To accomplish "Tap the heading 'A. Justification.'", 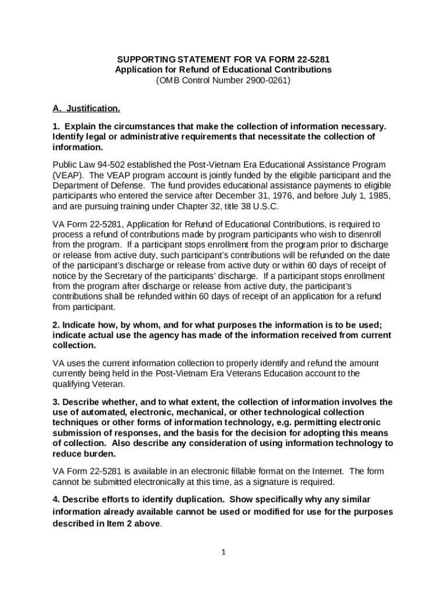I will point(86,108).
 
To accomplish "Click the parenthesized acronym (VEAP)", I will point(69,175).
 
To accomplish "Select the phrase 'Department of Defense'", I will point(98,186).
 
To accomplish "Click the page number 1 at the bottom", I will point(223,552).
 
